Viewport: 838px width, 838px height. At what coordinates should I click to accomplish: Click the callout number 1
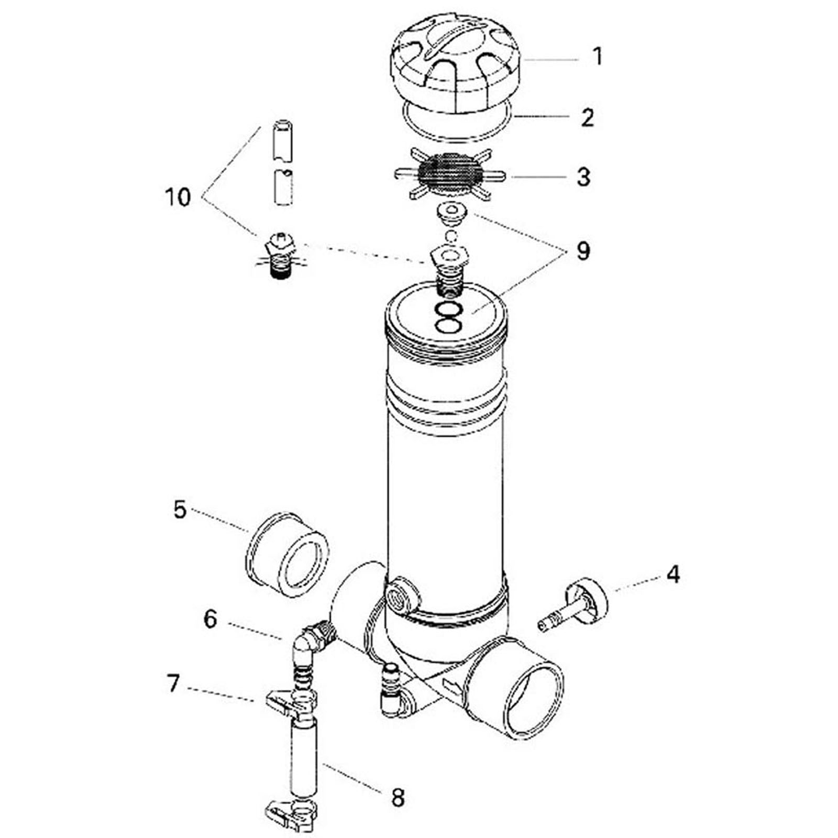coord(598,57)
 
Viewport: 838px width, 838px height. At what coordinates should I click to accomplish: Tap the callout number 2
coord(587,118)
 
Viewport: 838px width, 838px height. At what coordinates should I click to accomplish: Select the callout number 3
coord(583,177)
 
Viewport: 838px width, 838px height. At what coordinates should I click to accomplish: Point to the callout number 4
coord(673,575)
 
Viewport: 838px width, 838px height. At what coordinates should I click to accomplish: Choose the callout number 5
coord(180,510)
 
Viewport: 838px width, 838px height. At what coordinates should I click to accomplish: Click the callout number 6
coord(210,619)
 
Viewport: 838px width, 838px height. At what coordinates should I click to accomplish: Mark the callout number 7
coord(173,684)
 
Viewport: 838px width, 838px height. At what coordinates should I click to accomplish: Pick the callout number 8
coord(398,798)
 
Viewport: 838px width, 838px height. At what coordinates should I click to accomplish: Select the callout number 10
coord(178,198)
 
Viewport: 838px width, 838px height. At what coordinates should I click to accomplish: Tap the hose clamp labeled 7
coord(291,703)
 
